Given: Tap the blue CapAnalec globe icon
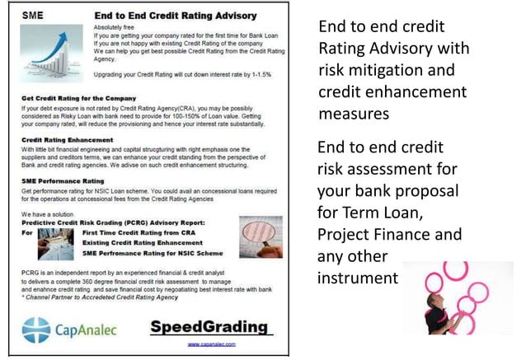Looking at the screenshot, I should coord(37,330).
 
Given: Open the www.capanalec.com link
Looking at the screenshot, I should coord(212,344).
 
